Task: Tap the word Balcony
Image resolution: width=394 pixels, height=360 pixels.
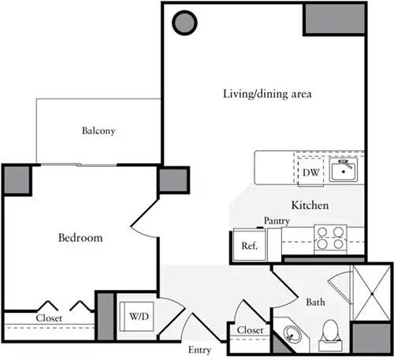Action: point(99,131)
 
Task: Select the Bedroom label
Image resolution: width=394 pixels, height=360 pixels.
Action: point(81,237)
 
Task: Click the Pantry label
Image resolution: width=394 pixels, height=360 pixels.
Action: point(277,221)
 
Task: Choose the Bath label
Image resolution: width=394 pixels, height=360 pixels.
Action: point(316,301)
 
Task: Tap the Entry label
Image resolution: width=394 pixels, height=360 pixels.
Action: point(199,349)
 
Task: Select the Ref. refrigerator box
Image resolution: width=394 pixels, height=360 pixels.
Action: point(250,245)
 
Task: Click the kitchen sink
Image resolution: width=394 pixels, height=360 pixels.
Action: point(344,169)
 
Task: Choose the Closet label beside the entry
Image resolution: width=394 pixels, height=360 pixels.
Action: point(249,330)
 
